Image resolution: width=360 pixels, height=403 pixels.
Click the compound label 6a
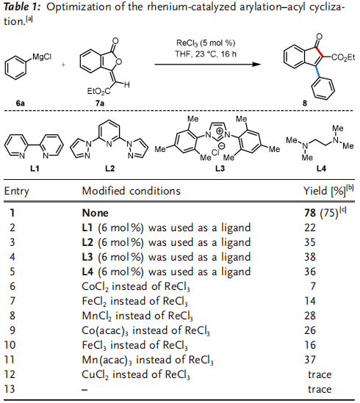[21, 104]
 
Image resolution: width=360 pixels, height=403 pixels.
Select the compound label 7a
[100, 104]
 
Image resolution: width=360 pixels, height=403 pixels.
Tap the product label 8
[305, 104]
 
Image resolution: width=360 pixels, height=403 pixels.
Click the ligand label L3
[220, 169]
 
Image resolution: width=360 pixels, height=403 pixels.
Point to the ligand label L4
[321, 169]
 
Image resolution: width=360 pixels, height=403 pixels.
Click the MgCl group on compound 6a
[42, 57]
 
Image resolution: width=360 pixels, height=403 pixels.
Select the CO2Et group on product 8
[343, 57]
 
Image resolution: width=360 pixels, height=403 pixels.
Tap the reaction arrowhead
[256, 65]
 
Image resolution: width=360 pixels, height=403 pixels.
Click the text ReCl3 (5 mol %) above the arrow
[206, 43]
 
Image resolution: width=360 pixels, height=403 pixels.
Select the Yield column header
[328, 190]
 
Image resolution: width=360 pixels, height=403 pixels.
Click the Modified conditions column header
[132, 191]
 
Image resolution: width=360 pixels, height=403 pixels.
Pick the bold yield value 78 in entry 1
[310, 213]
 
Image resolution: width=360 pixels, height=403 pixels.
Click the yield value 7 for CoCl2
[313, 286]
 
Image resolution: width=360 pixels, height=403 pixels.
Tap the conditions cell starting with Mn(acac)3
[148, 360]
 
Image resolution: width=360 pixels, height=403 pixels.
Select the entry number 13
[10, 389]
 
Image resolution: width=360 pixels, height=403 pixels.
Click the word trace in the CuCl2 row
[320, 374]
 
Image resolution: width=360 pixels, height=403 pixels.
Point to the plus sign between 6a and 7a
[63, 65]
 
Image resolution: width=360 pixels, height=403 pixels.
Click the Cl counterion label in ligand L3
[215, 153]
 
